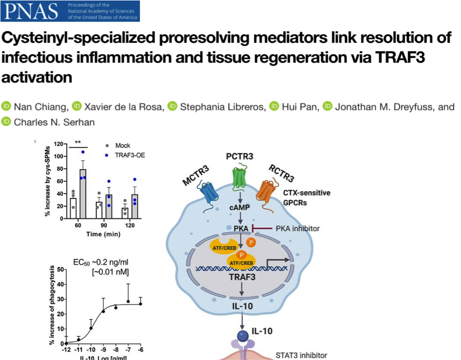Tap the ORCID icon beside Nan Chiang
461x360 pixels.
(x=6, y=106)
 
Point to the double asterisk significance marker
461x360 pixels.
(x=78, y=142)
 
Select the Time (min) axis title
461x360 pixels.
(x=101, y=234)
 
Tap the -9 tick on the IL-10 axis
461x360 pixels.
(x=103, y=349)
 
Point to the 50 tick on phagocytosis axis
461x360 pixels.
(x=61, y=269)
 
